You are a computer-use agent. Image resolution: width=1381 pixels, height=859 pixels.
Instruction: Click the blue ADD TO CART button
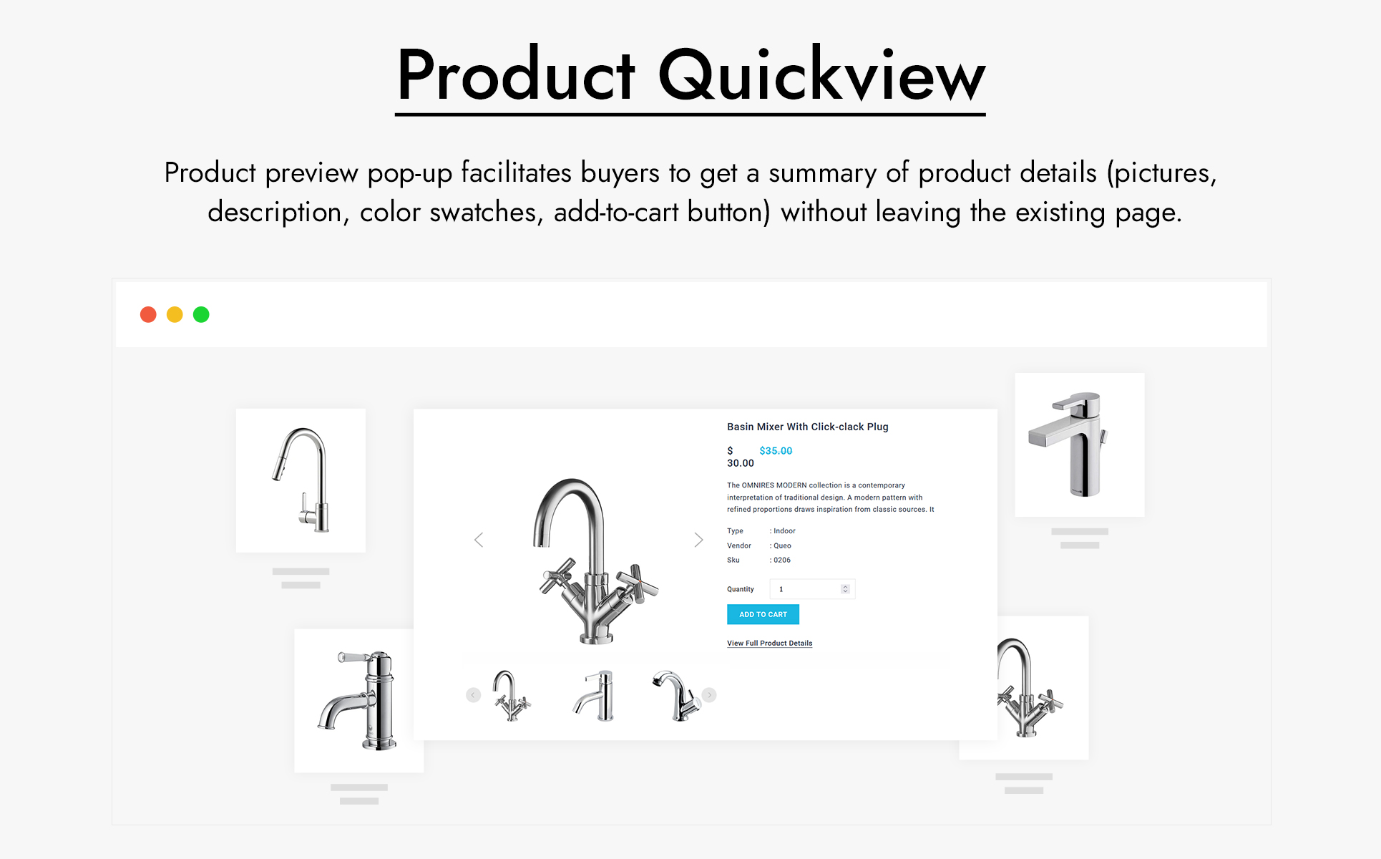(763, 614)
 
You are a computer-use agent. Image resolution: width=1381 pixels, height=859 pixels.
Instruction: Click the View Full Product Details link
(769, 643)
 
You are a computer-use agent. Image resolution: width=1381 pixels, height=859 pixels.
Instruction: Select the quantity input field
(812, 589)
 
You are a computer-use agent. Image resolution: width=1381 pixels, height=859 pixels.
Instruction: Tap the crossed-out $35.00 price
(776, 451)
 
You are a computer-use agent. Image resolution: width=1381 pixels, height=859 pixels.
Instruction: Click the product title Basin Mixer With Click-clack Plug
(808, 427)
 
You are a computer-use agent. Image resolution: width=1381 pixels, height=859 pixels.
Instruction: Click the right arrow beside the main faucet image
(698, 540)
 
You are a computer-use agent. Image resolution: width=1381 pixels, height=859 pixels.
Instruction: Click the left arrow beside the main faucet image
(479, 540)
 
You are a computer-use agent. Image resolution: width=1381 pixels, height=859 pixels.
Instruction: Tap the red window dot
(148, 314)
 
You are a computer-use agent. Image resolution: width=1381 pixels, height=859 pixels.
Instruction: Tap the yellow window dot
(175, 314)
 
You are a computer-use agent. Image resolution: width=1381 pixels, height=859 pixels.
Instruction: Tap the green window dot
(201, 314)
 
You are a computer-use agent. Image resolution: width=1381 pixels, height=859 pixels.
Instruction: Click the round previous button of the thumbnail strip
(473, 695)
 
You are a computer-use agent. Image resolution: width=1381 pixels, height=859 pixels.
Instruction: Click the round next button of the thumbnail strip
(709, 695)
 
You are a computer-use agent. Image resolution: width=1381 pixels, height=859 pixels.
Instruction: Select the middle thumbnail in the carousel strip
(595, 695)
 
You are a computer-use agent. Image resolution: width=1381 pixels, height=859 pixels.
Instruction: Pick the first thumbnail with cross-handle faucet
(512, 695)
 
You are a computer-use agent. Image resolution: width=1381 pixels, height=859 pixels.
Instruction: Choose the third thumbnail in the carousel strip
(676, 695)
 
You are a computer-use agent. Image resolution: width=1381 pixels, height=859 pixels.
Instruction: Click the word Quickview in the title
(821, 75)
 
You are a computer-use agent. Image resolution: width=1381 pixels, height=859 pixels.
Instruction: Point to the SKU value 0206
(782, 560)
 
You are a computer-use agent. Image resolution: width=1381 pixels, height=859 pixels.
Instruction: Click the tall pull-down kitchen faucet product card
(301, 480)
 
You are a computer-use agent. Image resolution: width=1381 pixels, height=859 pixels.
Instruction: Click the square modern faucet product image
(1080, 445)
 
